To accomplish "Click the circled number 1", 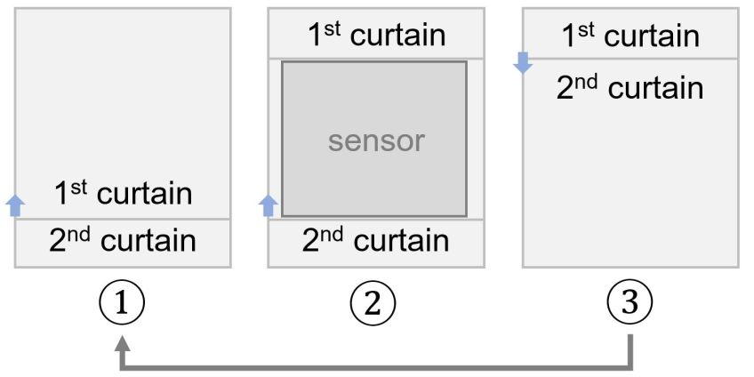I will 124,305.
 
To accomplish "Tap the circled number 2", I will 376,305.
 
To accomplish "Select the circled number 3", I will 630,305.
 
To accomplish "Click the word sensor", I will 376,140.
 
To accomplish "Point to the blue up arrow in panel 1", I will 15,206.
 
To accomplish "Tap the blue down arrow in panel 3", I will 524,63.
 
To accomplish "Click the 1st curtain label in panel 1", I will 123,194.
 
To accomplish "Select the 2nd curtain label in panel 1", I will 123,242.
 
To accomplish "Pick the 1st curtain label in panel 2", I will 376,36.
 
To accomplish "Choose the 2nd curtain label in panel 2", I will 376,242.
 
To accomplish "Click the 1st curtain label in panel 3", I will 630,36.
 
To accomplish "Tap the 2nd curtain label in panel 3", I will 630,88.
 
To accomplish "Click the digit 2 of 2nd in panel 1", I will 57,242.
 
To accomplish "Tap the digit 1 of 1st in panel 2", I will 314,36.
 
